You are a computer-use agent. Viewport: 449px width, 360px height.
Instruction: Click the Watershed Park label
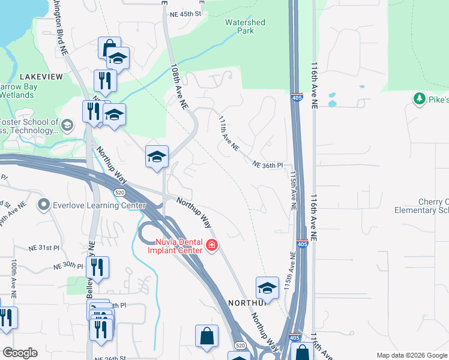245,26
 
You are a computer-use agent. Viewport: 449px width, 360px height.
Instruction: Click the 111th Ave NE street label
229,133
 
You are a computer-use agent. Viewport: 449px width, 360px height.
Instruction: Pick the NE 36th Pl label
267,164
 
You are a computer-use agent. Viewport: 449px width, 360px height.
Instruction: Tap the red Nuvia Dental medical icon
211,245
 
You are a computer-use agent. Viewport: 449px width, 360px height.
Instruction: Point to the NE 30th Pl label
68,266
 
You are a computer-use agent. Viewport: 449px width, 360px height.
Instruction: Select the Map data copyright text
412,355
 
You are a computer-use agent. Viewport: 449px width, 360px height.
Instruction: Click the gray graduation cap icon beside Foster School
67,125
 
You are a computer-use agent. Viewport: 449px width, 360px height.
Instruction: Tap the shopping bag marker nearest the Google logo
206,337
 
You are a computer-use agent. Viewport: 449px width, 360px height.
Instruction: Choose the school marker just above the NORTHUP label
267,288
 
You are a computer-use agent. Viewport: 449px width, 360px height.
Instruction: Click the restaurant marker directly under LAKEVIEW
104,80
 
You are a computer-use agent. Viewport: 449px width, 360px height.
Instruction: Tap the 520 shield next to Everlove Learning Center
119,191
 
